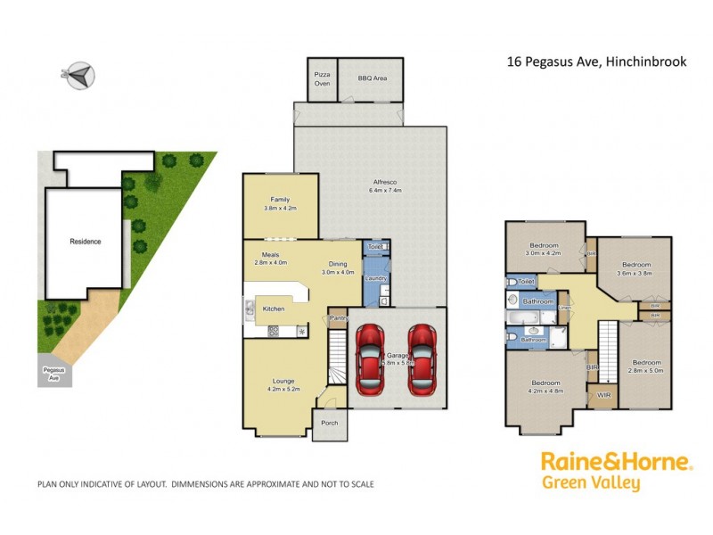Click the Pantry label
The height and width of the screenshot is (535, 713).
click(337, 318)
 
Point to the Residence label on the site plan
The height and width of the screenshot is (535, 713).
click(86, 242)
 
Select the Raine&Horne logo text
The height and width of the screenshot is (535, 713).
click(616, 463)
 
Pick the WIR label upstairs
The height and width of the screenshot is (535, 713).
click(603, 393)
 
